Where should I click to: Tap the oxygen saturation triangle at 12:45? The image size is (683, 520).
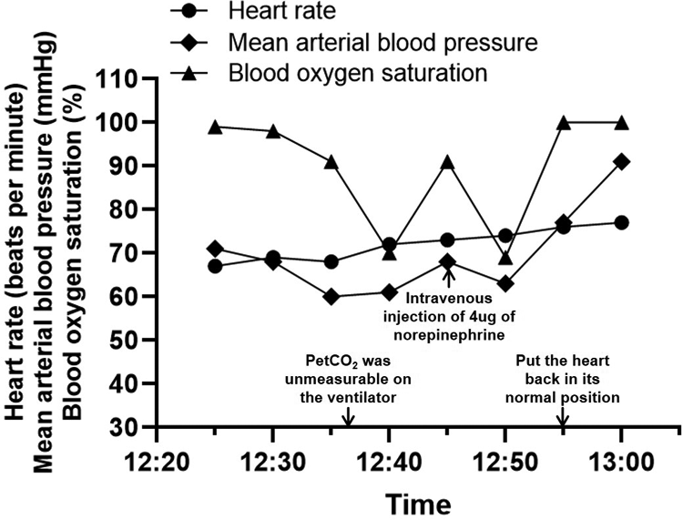point(447,162)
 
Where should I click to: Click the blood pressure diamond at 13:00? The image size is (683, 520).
point(621,161)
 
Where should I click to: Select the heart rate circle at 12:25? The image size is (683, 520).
point(215,266)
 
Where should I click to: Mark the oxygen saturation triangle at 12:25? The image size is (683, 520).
point(215,127)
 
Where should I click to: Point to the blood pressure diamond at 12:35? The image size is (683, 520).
point(331,297)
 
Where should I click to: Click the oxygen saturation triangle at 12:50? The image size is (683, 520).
point(505,258)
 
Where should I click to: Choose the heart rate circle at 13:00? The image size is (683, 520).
point(621,222)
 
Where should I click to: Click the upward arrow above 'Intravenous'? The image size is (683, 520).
point(447,275)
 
